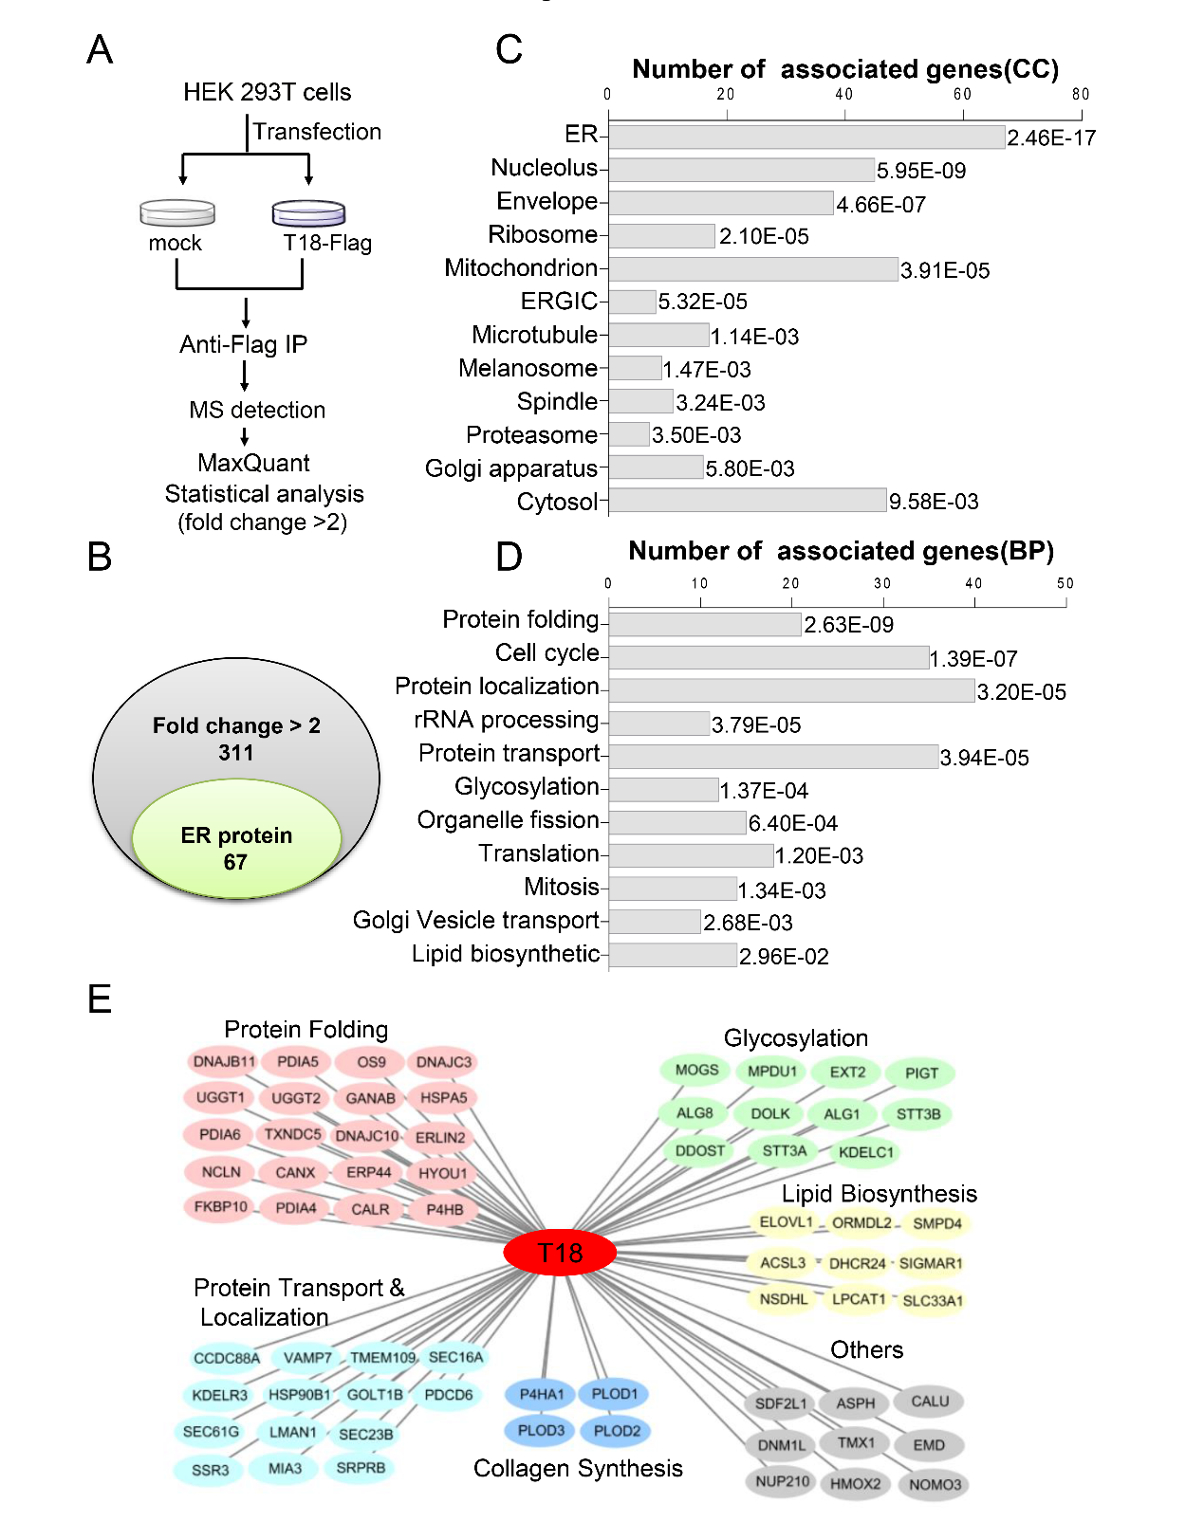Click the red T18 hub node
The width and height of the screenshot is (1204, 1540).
560,1253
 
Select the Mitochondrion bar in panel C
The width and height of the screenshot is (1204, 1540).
753,269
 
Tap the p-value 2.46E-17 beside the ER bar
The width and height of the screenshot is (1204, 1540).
1051,137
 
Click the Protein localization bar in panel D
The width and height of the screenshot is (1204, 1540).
791,690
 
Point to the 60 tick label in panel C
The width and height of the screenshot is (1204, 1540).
962,94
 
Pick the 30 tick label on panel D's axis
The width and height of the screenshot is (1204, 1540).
882,583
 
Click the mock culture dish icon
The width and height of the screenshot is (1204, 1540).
177,212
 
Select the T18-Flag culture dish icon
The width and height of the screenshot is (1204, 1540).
308,213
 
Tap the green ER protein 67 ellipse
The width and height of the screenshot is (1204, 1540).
236,838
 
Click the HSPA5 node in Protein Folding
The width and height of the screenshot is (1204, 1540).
443,1098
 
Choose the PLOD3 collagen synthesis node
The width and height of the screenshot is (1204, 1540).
541,1430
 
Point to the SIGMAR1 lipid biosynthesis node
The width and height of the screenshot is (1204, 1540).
931,1263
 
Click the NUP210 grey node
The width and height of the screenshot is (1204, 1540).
782,1481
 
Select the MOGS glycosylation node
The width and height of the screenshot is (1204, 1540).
696,1070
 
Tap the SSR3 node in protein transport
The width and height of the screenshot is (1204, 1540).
210,1470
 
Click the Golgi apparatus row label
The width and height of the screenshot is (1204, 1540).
510,468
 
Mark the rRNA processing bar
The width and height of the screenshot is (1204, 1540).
658,724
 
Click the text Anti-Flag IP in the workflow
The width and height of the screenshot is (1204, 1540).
243,344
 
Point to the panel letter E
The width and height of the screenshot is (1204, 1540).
100,999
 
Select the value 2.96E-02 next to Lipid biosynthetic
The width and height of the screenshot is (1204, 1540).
784,957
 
